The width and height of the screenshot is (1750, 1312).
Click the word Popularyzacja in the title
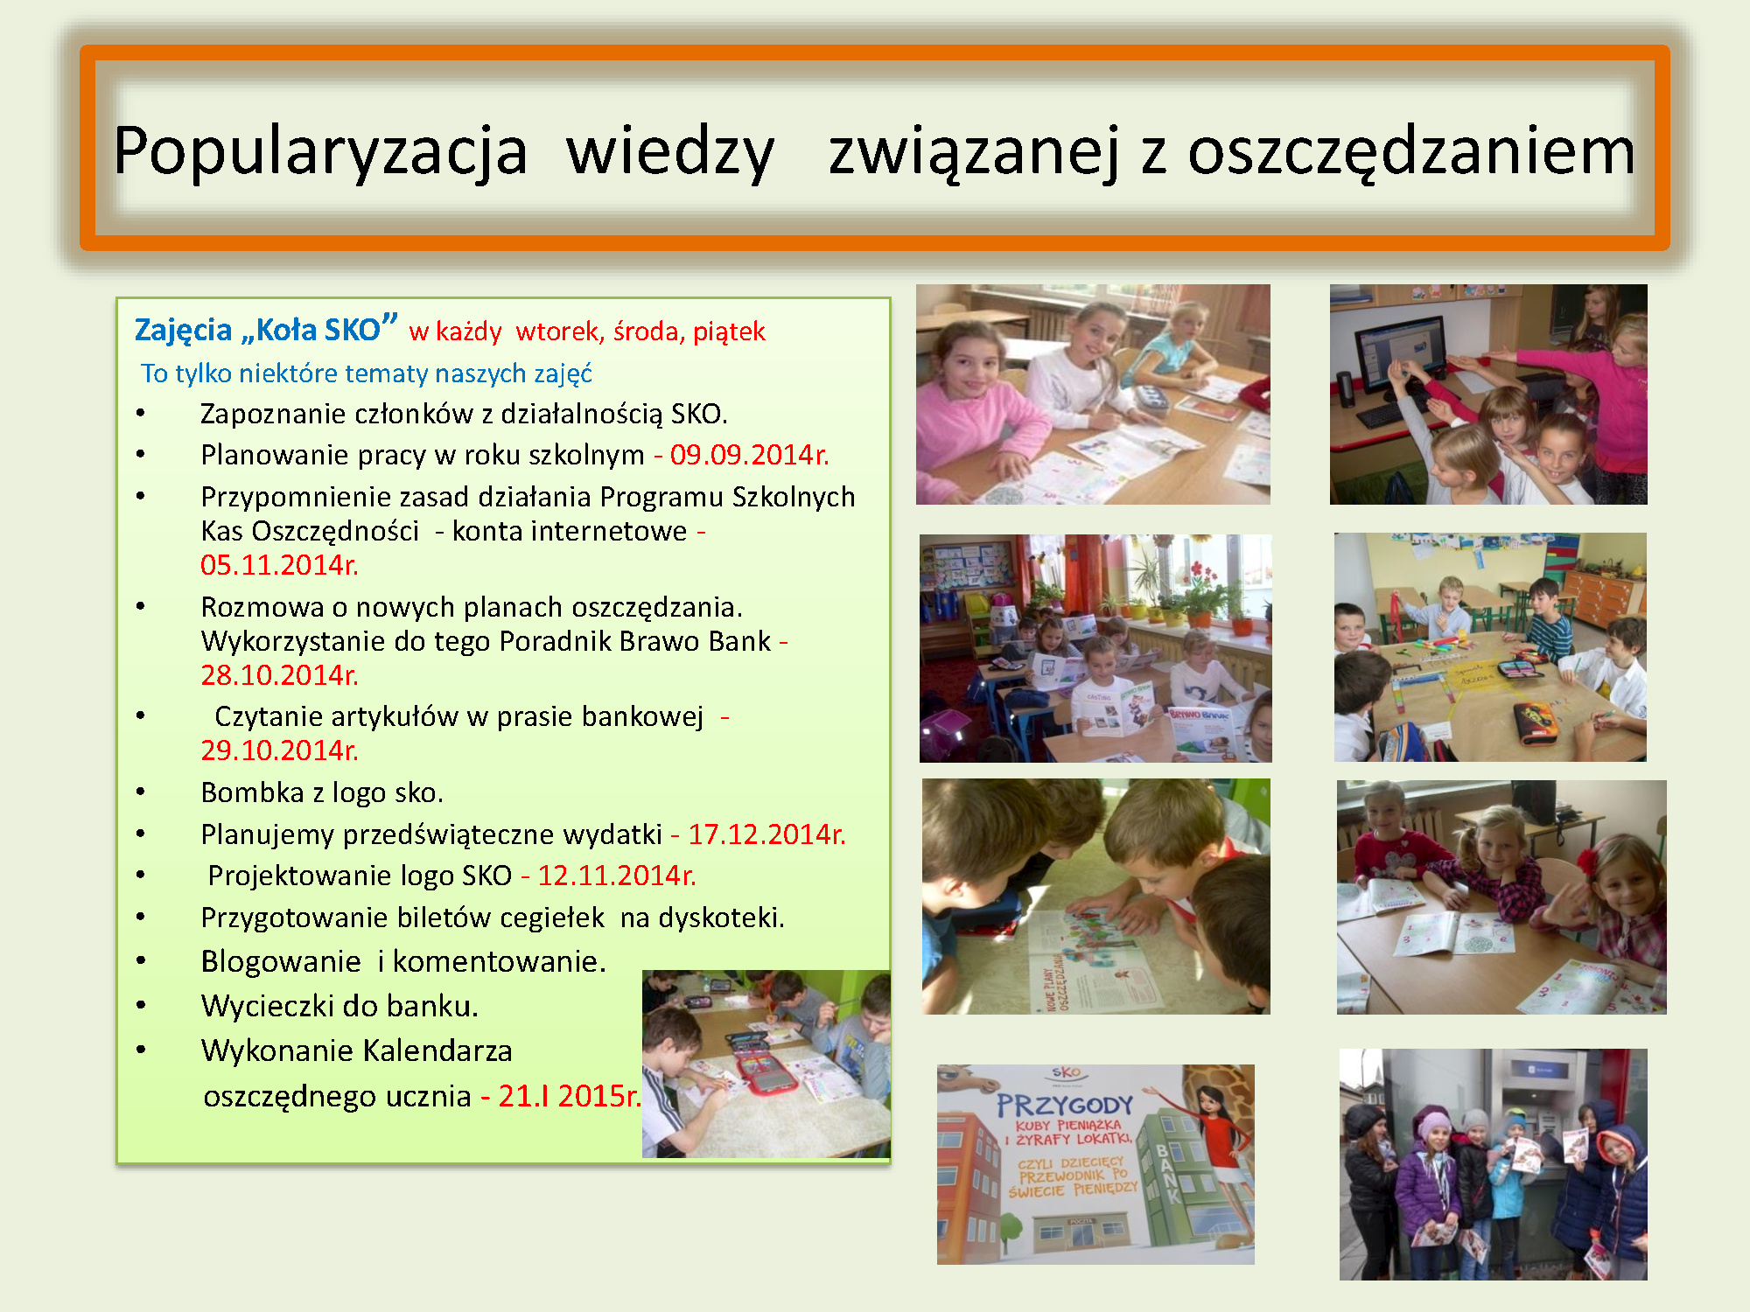pos(320,151)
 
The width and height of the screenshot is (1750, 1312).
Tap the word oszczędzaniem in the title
pos(1410,151)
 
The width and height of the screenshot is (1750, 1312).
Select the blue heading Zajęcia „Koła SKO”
pos(266,329)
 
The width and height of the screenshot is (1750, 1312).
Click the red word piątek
pos(729,331)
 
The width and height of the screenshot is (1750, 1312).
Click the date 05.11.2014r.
pos(279,565)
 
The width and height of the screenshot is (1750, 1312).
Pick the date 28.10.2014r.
pos(279,675)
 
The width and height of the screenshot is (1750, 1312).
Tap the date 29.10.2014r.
pos(279,750)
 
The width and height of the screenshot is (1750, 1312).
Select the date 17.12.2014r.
pos(766,834)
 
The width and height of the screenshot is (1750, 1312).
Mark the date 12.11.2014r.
pos(617,876)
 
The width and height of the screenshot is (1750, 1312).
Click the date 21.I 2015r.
pos(570,1096)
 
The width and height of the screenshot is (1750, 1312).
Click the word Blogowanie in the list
pos(281,962)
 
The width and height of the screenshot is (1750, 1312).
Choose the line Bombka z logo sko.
pos(322,792)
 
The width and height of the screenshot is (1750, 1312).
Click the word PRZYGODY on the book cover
pos(1065,1106)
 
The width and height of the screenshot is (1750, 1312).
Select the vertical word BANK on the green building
pos(1169,1173)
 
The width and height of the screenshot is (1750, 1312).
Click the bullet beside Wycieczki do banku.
pos(141,1006)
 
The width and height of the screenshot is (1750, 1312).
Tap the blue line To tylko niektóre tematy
pos(367,373)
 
